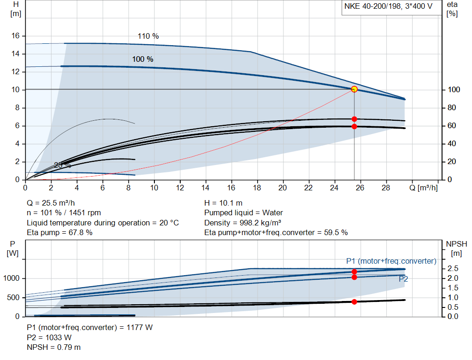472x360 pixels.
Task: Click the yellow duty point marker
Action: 354,89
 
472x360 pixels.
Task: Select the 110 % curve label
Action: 148,36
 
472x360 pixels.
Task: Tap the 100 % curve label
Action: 142,59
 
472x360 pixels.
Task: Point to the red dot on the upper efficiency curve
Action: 354,119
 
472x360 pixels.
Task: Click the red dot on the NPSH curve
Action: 354,302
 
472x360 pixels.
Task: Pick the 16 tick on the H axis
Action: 15,36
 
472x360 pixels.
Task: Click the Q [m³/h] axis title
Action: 424,188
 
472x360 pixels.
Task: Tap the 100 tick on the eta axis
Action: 454,90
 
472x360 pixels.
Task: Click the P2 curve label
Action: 403,279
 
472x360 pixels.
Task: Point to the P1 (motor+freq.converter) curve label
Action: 391,261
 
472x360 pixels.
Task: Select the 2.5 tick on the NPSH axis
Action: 453,269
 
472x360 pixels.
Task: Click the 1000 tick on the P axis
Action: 12,278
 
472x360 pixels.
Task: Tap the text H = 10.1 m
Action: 223,203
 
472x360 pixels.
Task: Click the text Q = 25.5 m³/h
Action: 51,203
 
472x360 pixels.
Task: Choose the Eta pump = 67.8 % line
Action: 59,232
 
